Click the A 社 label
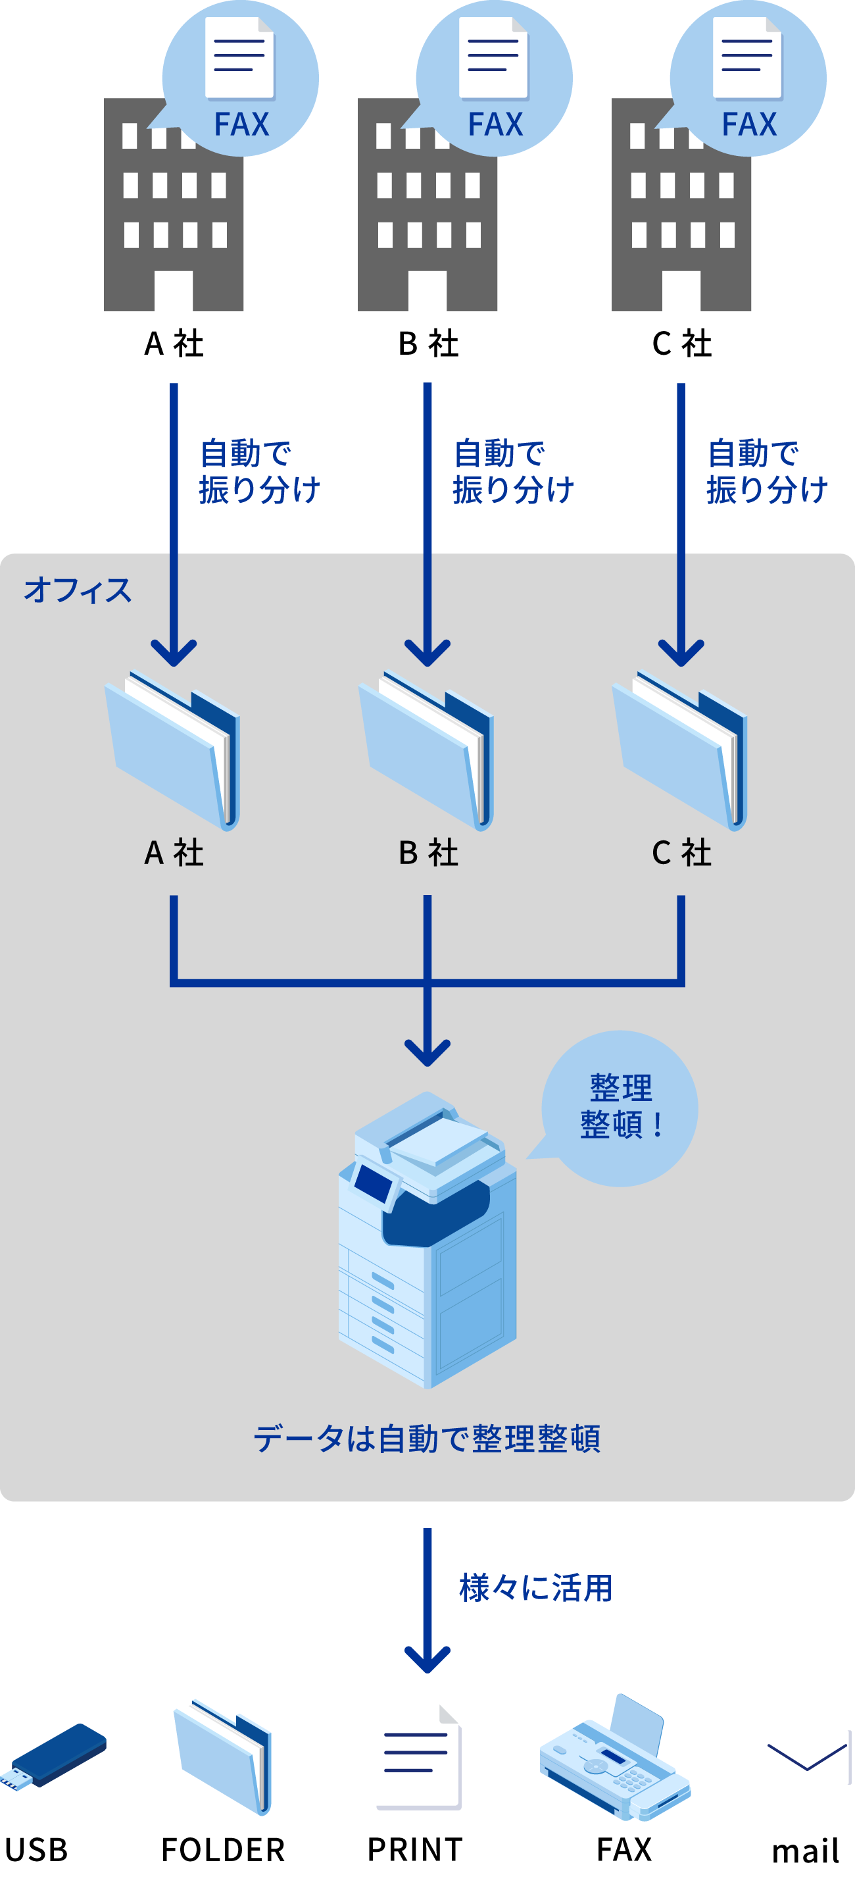coord(174,853)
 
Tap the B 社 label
coord(428,853)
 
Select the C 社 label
coord(681,853)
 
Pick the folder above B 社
coord(427,750)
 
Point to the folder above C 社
coord(681,750)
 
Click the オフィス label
coord(77,590)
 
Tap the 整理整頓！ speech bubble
coord(620,1108)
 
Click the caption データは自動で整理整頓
coord(427,1438)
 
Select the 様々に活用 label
coord(535,1589)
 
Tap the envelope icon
coord(806,1757)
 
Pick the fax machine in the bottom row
coord(615,1759)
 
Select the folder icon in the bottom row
coord(223,1755)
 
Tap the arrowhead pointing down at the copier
coord(427,1051)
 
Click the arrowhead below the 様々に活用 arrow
coord(427,1658)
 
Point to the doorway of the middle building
coord(427,291)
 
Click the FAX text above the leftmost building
coord(241,124)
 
